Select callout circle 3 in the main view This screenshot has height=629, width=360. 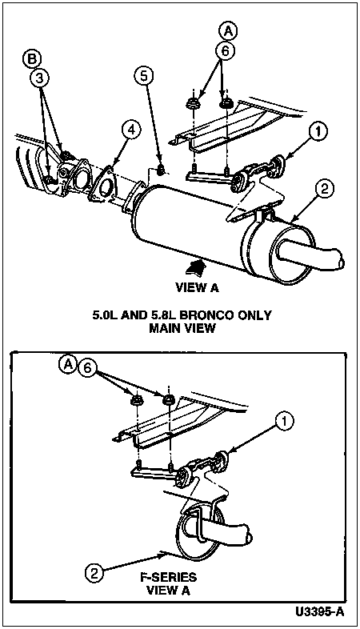coord(39,78)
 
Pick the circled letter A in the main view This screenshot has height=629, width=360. coord(228,31)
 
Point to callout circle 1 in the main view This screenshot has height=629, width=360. coord(318,132)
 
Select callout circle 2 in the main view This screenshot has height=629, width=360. coord(324,190)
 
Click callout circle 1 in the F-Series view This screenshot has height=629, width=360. coord(285,422)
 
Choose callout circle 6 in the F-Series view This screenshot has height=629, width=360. coord(88,367)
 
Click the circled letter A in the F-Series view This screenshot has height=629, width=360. coord(68,364)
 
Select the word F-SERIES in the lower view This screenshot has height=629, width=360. coord(168,578)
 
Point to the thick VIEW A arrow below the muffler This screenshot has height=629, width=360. coord(195,267)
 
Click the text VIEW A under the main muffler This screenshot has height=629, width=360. coord(198,287)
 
